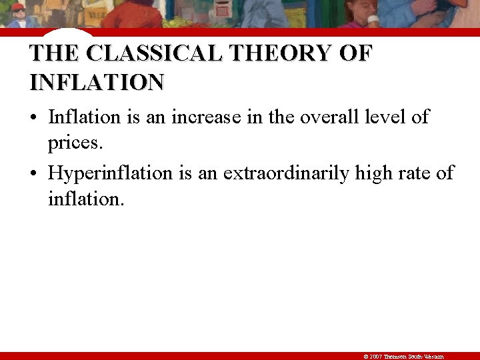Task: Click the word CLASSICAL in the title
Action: (153, 53)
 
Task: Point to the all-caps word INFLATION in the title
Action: (97, 83)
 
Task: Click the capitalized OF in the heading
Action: (357, 53)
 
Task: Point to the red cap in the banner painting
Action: (18, 7)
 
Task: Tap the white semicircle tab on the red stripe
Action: (71, 32)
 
